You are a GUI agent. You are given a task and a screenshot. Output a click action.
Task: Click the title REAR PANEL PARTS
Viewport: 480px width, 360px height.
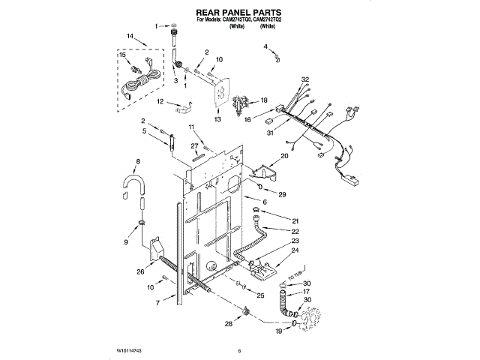coord(238,13)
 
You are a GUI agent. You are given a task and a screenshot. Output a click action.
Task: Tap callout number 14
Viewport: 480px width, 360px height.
coord(130,37)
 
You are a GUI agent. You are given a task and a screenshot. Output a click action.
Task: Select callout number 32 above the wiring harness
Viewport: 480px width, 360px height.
coord(305,79)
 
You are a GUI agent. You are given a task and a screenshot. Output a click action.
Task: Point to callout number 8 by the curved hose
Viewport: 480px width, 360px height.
coord(136,161)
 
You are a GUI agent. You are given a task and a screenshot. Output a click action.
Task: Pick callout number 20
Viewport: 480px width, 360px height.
coord(284,157)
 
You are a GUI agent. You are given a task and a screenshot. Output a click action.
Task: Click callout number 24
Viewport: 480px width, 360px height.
coord(295,251)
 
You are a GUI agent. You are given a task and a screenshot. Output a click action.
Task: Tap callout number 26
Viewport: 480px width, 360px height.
coord(139,271)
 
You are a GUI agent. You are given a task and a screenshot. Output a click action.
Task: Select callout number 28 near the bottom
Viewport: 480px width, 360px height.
coord(229,323)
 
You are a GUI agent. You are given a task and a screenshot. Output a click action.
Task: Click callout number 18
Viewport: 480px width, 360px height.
coord(263,100)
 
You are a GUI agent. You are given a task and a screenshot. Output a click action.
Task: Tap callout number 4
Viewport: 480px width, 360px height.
coord(265,47)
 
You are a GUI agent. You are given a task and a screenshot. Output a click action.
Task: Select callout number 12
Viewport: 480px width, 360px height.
coord(159,101)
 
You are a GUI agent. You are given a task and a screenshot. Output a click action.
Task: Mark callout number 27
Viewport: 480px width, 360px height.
coord(193,145)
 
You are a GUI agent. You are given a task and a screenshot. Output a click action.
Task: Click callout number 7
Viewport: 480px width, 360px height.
coord(157,302)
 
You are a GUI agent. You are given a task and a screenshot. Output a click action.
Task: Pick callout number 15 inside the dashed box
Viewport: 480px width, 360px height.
coord(122,55)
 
